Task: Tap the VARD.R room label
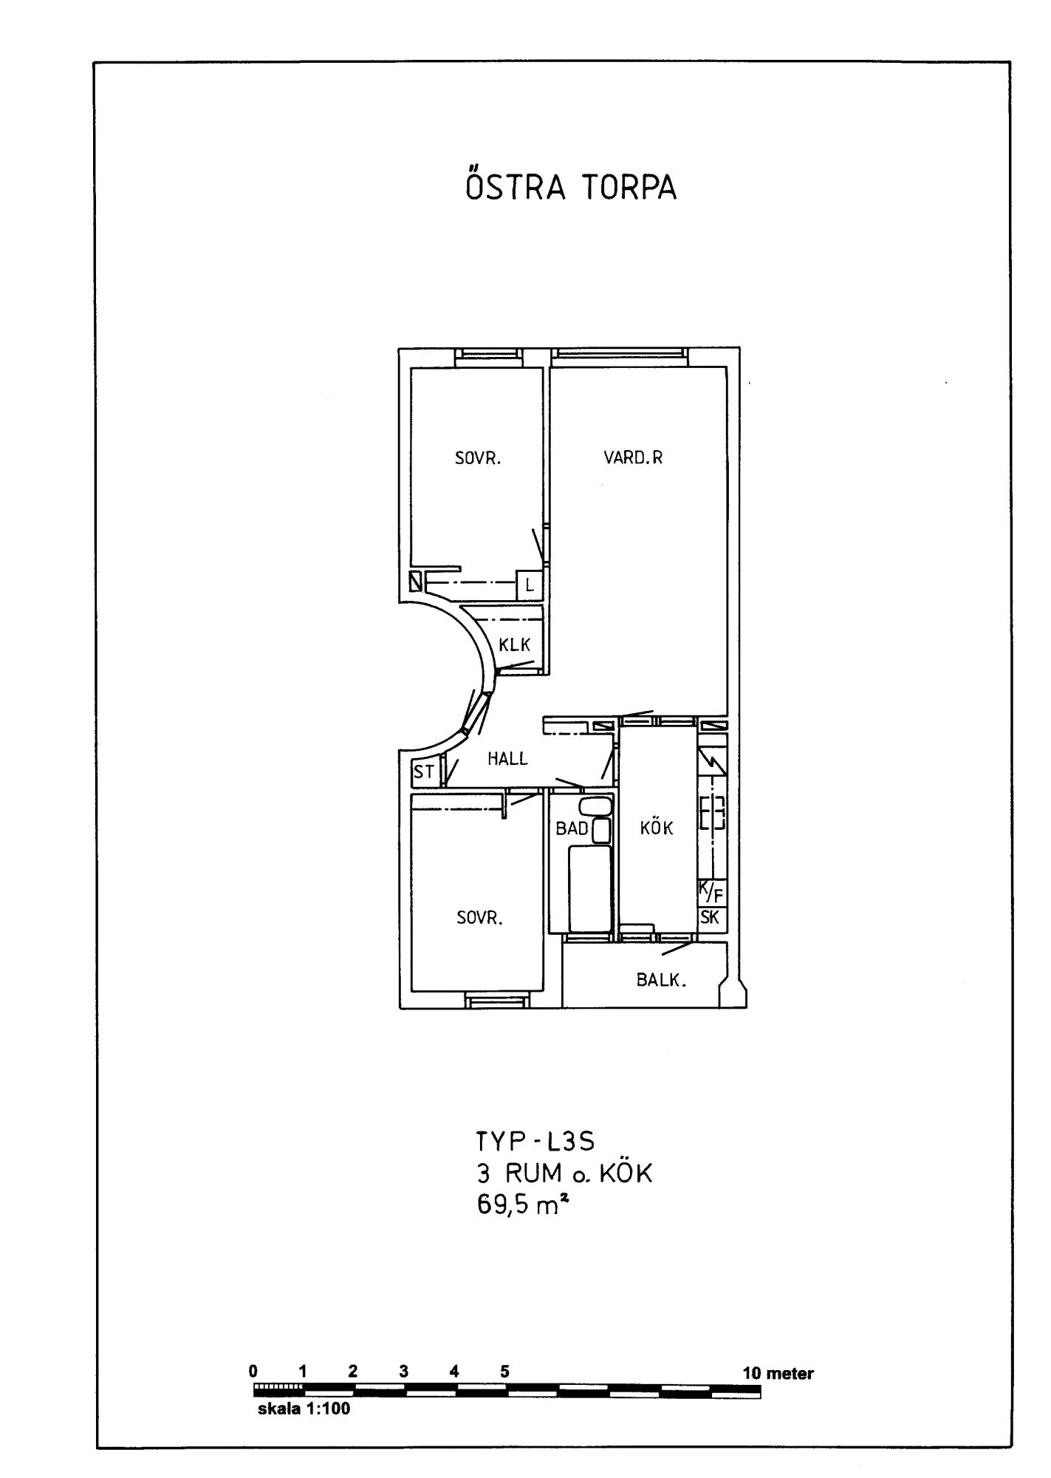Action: [633, 457]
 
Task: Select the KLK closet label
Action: [514, 644]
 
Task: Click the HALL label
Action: [507, 758]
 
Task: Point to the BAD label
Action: [572, 828]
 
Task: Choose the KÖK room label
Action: [657, 828]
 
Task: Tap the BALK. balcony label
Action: [662, 981]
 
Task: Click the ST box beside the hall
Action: [425, 773]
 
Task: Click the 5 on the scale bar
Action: [504, 1372]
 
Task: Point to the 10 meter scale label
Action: [778, 1374]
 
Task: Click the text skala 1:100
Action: [304, 1409]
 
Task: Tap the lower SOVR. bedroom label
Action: [479, 918]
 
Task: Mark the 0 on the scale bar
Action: [253, 1372]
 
